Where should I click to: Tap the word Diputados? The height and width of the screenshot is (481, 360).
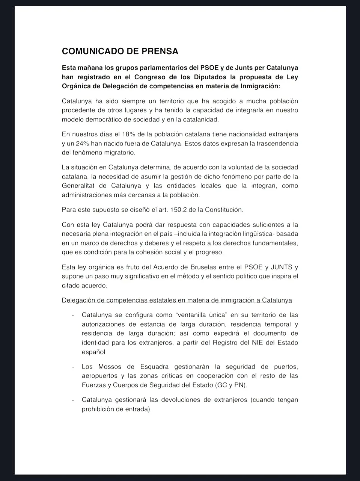pyautogui.click(x=210, y=77)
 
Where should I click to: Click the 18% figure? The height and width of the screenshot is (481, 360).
pyautogui.click(x=128, y=134)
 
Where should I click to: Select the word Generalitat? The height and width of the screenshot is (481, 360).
pyautogui.click(x=80, y=186)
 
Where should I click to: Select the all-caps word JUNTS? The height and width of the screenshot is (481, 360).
pyautogui.click(x=282, y=267)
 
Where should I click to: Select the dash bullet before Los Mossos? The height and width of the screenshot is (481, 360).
pyautogui.click(x=73, y=367)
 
